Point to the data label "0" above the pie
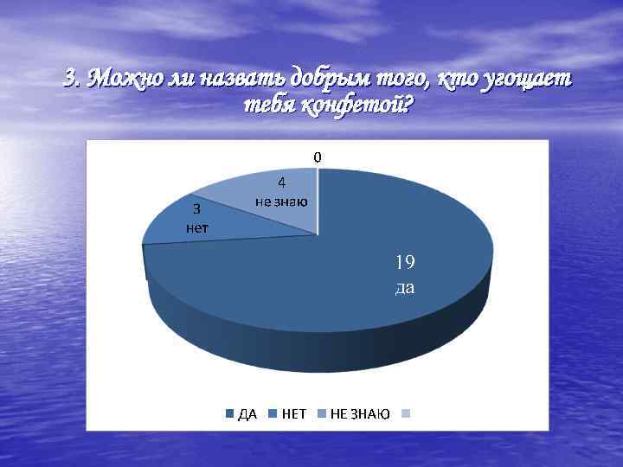click(318, 157)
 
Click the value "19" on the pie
click(405, 262)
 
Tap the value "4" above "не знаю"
click(282, 182)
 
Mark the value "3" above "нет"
click(196, 208)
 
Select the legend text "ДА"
click(247, 414)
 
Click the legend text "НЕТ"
click(294, 414)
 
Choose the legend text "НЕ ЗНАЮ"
click(360, 414)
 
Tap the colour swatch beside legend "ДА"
click(230, 414)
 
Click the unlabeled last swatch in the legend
click(403, 414)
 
